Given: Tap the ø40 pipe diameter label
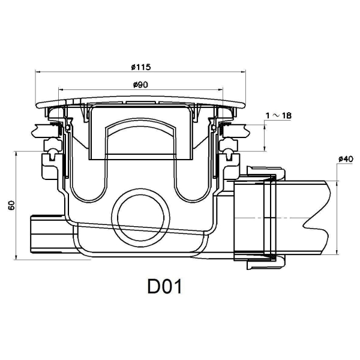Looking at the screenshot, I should coord(344,158).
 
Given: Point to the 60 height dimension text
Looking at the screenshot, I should coord(11,206).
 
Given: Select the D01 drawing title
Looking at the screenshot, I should coord(164,287).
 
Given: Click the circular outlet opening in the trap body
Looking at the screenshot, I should coord(140,217).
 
